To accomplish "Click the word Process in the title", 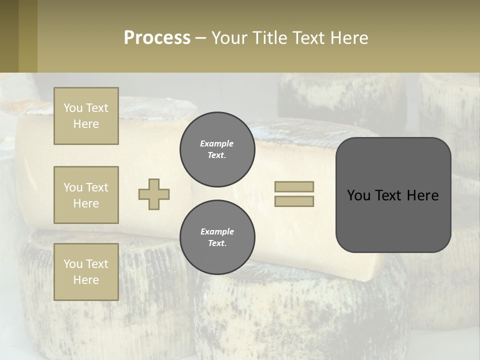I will (x=157, y=37).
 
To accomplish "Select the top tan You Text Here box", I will (x=86, y=116).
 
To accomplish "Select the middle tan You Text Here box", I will (x=86, y=195).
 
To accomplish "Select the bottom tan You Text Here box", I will (x=86, y=272).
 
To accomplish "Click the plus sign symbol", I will (x=154, y=194).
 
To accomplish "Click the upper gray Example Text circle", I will (x=217, y=149).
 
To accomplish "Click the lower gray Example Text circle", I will (x=217, y=237).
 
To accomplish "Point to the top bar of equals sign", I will (x=294, y=187).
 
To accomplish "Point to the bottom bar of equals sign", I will (x=294, y=201).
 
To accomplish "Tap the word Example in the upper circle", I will (x=216, y=144).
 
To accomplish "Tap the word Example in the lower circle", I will (x=217, y=231).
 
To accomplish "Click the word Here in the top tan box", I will (x=86, y=124).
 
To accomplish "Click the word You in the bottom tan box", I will (x=72, y=264).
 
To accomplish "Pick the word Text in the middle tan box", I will (x=97, y=187).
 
